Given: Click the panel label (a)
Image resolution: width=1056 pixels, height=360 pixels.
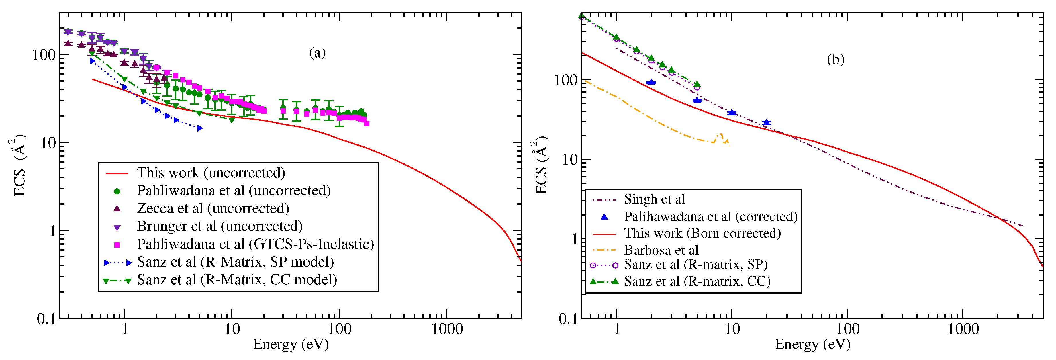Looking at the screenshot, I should pyautogui.click(x=317, y=53).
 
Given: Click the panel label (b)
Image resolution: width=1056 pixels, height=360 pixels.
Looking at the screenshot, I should pyautogui.click(x=835, y=60).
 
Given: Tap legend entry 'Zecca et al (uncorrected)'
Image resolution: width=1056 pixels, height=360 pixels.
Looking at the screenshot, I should pyautogui.click(x=213, y=208).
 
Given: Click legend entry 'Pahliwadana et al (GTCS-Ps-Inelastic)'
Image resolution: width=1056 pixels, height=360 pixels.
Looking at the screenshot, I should pyautogui.click(x=255, y=244).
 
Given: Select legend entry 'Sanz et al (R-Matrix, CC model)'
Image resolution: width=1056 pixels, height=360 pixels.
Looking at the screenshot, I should pyautogui.click(x=237, y=280).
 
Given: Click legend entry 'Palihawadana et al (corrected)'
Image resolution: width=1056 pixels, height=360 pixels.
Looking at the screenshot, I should pyautogui.click(x=710, y=216).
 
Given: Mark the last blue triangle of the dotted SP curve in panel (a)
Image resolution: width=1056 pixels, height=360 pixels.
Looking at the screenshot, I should pyautogui.click(x=200, y=128).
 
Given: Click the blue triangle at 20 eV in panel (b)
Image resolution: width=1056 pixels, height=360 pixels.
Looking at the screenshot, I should pyautogui.click(x=766, y=122).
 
